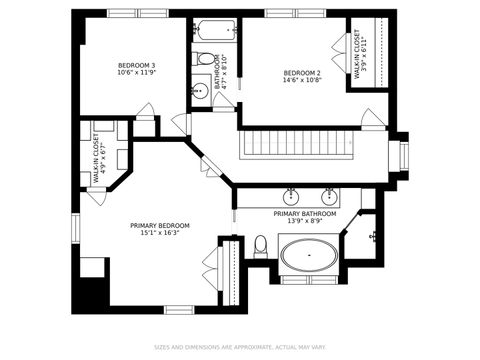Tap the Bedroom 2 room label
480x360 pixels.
[301, 73]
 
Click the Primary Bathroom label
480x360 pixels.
[305, 213]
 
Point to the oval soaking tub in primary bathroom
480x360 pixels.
[309, 258]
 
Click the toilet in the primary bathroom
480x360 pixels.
[260, 245]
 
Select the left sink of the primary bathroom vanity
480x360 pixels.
[291, 194]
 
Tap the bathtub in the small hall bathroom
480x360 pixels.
[215, 30]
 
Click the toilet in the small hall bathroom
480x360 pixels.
[205, 59]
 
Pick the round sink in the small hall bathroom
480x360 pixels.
[198, 91]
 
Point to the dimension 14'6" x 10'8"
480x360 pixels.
[301, 82]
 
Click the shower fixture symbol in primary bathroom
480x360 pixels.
[373, 237]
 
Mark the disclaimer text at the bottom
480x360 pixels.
[240, 348]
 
